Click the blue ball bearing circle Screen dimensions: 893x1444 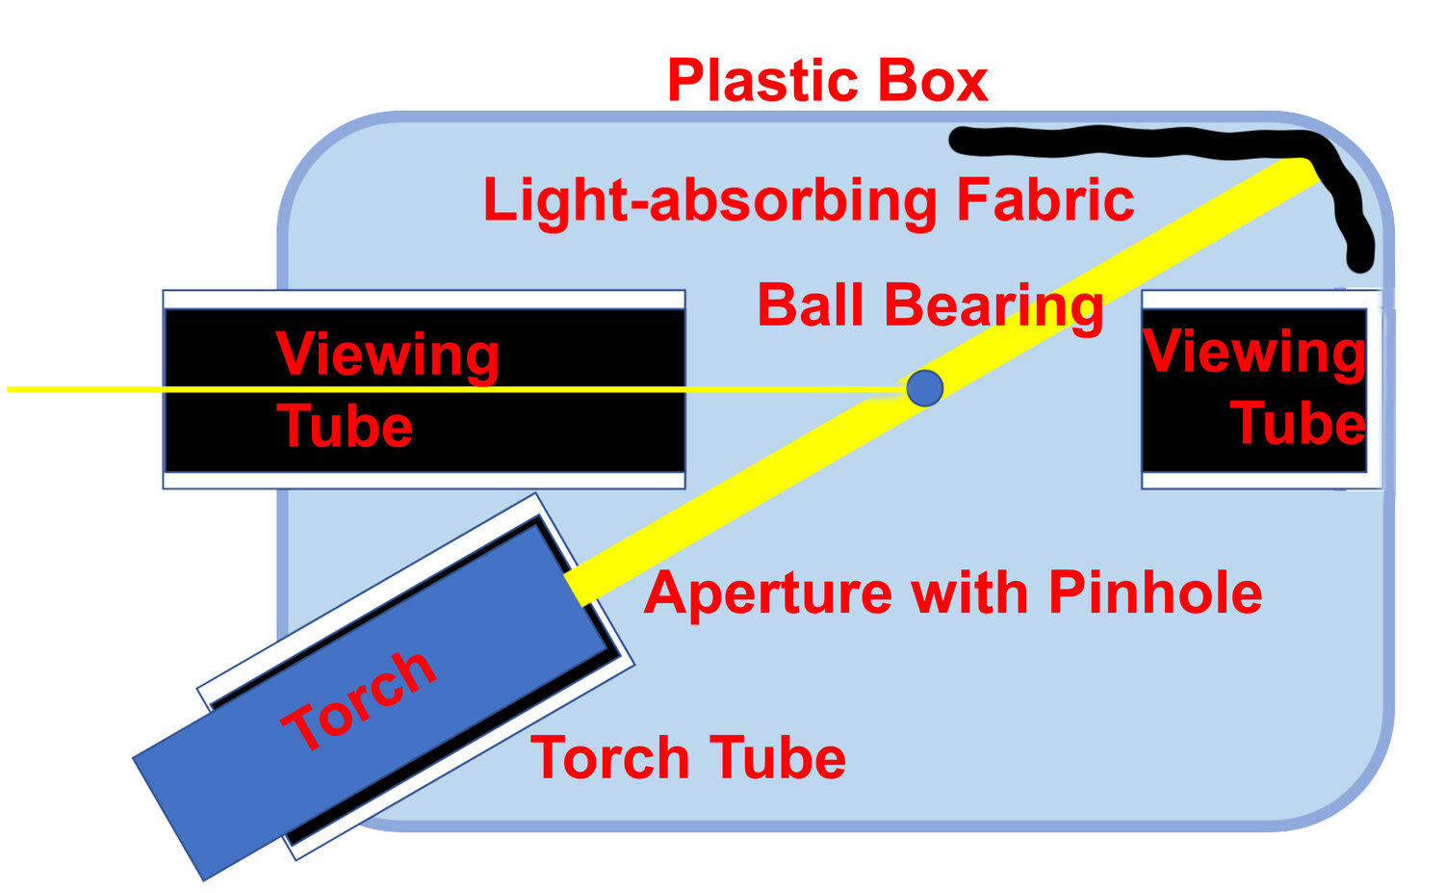click(925, 387)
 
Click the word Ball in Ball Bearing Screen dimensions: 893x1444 click(812, 305)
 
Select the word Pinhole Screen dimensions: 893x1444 click(1155, 592)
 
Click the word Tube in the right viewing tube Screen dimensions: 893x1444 click(1298, 424)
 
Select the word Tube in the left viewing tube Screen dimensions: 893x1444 click(345, 427)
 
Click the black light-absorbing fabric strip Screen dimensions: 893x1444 click(1136, 144)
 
